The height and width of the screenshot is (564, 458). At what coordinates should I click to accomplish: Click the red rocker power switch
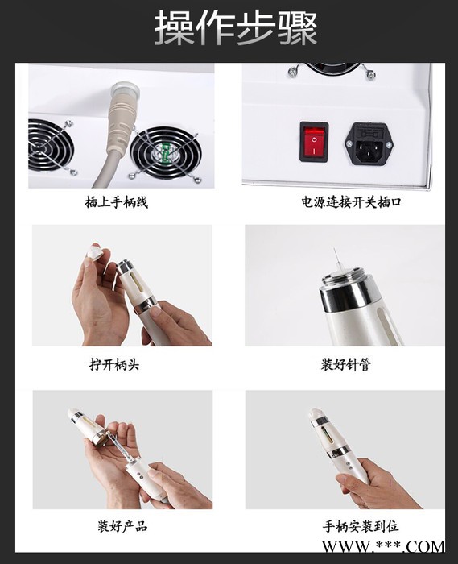tap(314, 142)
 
